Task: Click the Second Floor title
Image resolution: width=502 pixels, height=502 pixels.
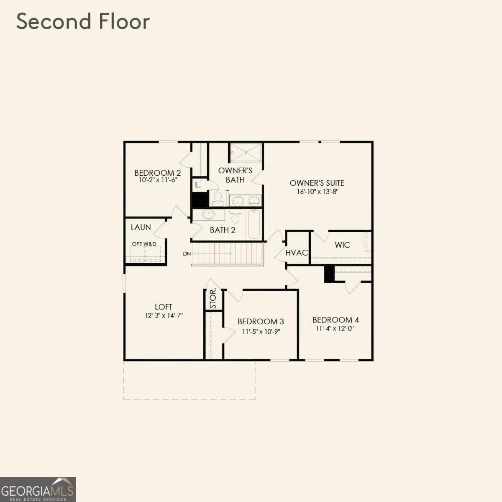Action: point(83,21)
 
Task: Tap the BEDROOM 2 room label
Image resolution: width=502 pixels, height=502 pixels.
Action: point(158,173)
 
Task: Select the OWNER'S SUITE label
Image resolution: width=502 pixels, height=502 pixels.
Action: point(317,183)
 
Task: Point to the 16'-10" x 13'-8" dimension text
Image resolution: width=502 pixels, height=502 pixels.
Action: point(317,192)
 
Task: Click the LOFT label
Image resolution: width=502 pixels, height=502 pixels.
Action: point(163,307)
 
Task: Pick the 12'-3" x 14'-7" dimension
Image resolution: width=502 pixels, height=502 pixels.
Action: point(164,315)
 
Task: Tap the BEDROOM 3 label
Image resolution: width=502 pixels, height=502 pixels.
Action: point(261,321)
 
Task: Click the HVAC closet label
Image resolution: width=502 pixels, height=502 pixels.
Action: point(297,253)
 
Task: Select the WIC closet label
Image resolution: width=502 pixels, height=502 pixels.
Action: point(342,245)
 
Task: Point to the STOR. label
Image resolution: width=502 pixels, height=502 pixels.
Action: point(213,299)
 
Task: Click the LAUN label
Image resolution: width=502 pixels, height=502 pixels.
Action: point(141,228)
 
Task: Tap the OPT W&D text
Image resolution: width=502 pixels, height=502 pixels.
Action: point(144,244)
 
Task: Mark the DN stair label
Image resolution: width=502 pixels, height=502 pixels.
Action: point(187,254)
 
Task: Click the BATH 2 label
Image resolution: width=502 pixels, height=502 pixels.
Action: point(223,230)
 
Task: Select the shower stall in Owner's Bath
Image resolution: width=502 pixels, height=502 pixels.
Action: point(246,153)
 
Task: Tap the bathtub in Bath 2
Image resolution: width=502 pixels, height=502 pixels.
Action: point(254,224)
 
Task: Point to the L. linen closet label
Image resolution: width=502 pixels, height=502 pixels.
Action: point(198,185)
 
